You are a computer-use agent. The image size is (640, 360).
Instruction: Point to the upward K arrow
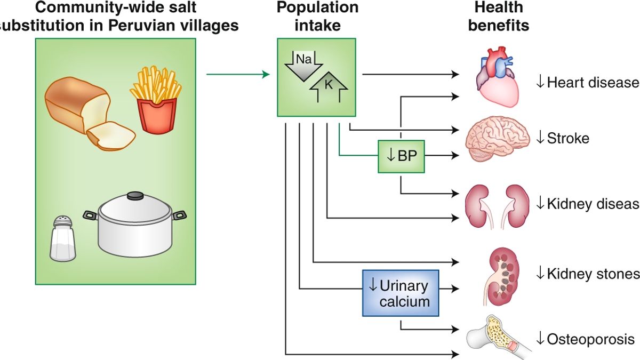pos(329,89)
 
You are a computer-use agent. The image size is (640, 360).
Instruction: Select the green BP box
pos(402,156)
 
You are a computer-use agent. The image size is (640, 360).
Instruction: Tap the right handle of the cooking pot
pos(180,215)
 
